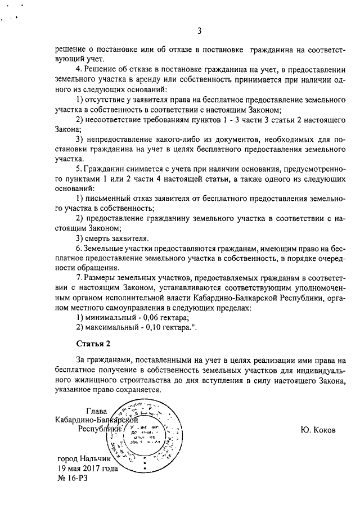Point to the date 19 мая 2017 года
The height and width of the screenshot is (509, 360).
coord(87,467)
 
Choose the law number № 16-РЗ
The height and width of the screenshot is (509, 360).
coord(73,478)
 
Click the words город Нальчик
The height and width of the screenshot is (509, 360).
coord(84,458)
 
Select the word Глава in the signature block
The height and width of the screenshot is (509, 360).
coord(96,411)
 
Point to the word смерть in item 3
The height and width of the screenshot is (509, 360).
coord(100,238)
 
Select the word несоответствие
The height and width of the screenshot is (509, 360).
coord(116,119)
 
